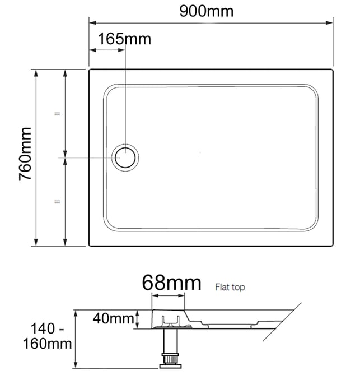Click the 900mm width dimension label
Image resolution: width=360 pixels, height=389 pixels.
click(x=207, y=11)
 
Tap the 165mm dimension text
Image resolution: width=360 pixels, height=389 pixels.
click(x=124, y=39)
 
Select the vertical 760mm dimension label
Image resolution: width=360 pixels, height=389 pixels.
click(x=25, y=154)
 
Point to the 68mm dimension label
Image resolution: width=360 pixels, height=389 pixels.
click(x=171, y=283)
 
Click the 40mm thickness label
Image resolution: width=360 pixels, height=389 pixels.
click(x=113, y=318)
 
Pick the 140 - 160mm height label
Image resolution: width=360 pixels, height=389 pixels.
click(x=47, y=336)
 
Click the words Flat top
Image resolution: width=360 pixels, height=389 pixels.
click(x=230, y=288)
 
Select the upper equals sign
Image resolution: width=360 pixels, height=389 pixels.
click(x=57, y=114)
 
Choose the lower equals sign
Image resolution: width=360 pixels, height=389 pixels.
click(x=57, y=202)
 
